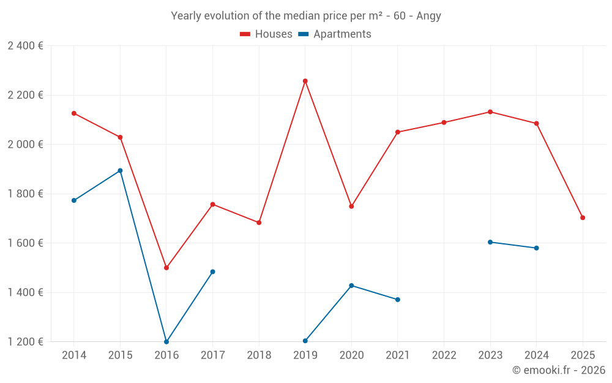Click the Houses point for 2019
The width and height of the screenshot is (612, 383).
point(305,81)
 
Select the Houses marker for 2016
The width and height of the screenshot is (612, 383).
point(166,268)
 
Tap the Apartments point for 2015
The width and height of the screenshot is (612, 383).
point(120,170)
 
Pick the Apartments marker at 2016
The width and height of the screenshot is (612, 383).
point(166,341)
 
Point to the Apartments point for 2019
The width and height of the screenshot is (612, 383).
point(305,341)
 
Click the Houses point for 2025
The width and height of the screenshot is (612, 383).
point(583,218)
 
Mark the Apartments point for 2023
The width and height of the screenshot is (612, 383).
point(490,242)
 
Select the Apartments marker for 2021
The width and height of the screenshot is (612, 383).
point(398,300)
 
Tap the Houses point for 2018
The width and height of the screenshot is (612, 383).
point(259,222)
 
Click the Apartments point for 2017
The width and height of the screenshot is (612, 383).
point(212,271)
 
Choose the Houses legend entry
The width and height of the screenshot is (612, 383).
point(266,34)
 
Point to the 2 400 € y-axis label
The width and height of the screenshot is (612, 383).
point(25,46)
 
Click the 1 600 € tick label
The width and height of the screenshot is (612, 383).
point(25,243)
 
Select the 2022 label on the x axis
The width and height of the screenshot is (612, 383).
point(444,355)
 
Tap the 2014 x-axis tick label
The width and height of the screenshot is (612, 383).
point(74,355)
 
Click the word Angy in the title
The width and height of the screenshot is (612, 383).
point(428,16)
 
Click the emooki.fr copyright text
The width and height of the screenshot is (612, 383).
point(559,370)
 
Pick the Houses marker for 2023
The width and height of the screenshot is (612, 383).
point(490,112)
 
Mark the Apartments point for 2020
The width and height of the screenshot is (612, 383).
point(351,286)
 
